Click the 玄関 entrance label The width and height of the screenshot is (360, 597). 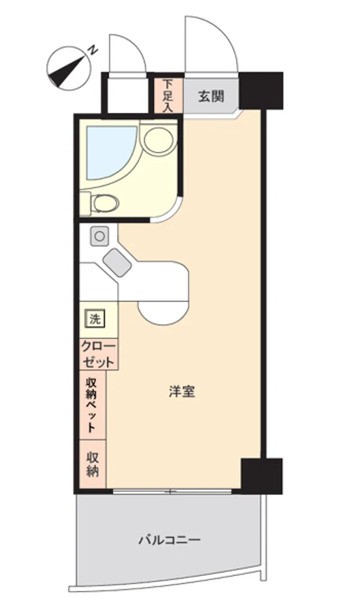(211, 97)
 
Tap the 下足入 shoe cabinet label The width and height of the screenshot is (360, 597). (167, 96)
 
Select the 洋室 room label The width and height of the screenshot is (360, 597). (182, 392)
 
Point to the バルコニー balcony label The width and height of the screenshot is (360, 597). (169, 540)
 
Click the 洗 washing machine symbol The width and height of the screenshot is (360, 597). (95, 319)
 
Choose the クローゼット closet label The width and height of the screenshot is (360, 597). (99, 354)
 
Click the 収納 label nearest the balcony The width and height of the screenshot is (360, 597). (93, 464)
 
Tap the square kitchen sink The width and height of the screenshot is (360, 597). (99, 236)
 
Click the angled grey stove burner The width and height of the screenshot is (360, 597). (117, 262)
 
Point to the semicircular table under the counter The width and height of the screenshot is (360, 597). (163, 312)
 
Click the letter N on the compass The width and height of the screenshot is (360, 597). (93, 50)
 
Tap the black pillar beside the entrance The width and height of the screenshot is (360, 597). (261, 90)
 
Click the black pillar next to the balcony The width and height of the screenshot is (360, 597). (262, 476)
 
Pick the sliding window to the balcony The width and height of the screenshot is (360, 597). (173, 491)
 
